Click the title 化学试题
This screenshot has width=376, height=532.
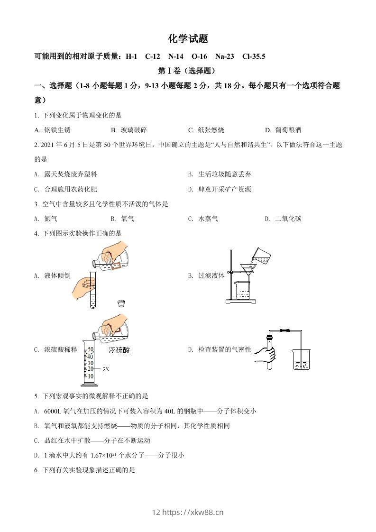click(188, 39)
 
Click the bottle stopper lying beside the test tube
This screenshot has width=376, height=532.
click(122, 303)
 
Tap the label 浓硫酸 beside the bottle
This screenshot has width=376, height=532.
click(119, 350)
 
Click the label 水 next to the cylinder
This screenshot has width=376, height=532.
click(106, 368)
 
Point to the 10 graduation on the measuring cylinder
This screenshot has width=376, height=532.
click(91, 376)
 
